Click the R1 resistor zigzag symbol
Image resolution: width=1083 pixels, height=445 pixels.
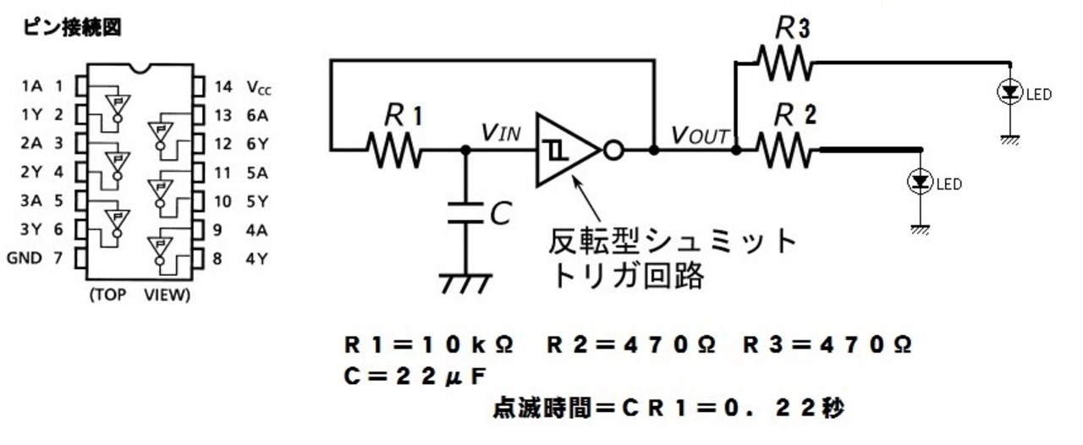(x=394, y=151)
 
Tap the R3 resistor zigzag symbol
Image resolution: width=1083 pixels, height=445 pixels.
(x=784, y=63)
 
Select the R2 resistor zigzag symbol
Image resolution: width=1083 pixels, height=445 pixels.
(x=784, y=151)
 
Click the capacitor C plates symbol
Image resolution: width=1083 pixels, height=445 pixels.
(x=465, y=213)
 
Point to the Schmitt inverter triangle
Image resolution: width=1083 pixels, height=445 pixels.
(x=567, y=150)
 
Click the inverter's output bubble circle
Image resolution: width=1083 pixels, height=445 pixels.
(x=613, y=151)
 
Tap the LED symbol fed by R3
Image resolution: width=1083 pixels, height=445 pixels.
(x=1010, y=92)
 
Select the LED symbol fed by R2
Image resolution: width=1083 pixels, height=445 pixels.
(x=920, y=182)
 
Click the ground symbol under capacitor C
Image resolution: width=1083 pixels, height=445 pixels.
(x=465, y=284)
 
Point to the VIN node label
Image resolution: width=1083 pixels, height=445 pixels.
(x=501, y=132)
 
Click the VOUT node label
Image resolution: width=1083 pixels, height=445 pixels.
(x=700, y=135)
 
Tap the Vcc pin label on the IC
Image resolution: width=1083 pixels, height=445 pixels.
(x=259, y=87)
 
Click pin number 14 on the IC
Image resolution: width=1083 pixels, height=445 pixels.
(x=223, y=86)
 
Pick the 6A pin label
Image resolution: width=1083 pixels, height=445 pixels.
(x=257, y=116)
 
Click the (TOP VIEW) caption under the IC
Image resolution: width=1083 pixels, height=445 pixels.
(x=140, y=294)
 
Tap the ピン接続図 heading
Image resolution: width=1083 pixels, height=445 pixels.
(x=72, y=27)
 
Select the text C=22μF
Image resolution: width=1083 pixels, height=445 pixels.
(x=415, y=376)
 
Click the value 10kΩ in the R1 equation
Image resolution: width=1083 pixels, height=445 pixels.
(x=468, y=345)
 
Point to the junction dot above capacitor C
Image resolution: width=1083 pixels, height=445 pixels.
(x=465, y=151)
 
